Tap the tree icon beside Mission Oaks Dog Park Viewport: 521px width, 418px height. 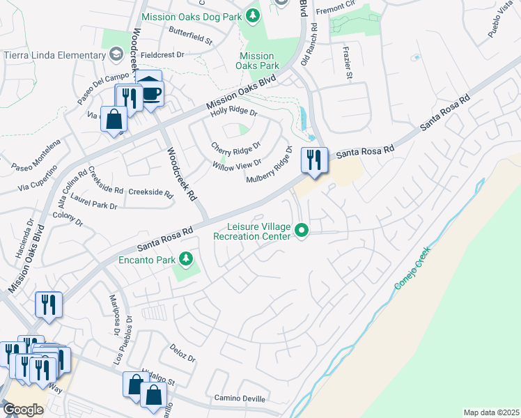(254, 15)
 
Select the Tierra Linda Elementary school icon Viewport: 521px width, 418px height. (116, 55)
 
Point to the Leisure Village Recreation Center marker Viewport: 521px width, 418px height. (302, 230)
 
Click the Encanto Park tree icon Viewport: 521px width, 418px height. (185, 260)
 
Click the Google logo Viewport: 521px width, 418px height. (23, 409)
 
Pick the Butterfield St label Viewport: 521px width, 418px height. (190, 36)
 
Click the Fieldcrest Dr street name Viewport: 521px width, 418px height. (161, 54)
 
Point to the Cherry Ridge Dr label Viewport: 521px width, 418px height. (235, 147)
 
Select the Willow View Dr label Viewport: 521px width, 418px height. (236, 164)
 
